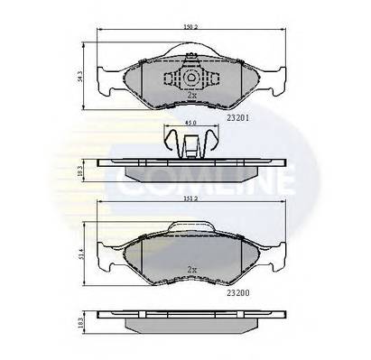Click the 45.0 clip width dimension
pos(190,125)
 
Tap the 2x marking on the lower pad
pos(191,269)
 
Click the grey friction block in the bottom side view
pos(190,327)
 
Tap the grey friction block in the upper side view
pos(190,172)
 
